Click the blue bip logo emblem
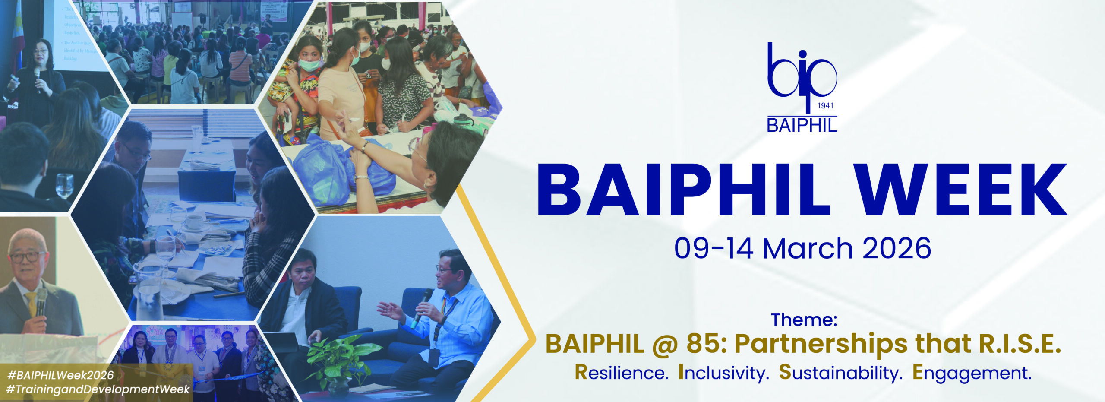click(x=801, y=71)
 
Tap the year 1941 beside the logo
click(x=825, y=106)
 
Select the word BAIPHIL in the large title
click(x=683, y=190)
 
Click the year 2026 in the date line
click(x=897, y=249)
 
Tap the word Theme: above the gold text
click(x=804, y=320)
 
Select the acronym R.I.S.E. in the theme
click(x=1019, y=344)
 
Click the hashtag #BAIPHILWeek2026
click(x=60, y=375)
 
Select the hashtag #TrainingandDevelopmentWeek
click(x=98, y=389)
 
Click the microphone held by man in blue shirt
click(x=421, y=307)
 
